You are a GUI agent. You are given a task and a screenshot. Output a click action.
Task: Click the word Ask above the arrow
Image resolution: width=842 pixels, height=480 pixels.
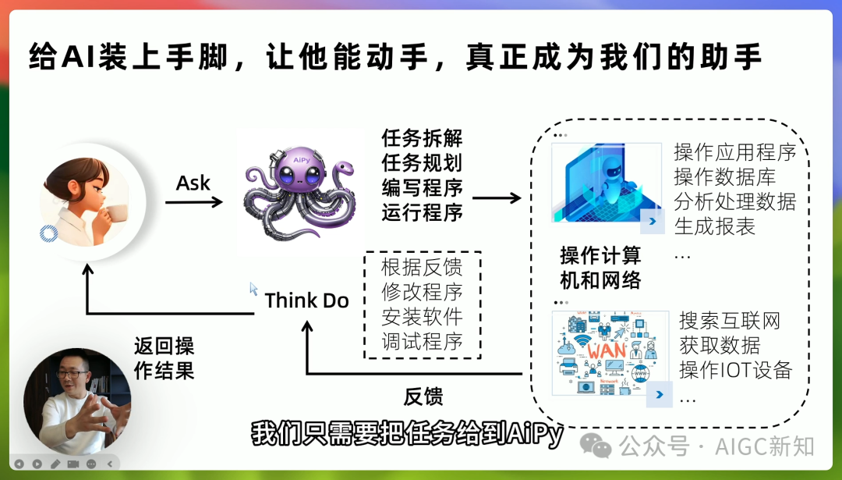pos(193,183)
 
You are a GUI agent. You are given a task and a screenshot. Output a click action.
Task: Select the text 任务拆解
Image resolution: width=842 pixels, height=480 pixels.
pos(422,139)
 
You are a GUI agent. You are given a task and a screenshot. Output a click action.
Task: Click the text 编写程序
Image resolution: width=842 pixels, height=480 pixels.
pos(422,187)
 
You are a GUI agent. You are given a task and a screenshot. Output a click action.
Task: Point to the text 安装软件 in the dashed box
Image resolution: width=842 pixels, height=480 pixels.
pos(422,317)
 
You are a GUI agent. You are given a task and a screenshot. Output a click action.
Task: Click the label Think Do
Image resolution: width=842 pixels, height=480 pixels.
pos(306,300)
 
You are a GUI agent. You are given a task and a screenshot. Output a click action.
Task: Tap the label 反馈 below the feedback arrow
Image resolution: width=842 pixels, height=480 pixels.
pos(423,396)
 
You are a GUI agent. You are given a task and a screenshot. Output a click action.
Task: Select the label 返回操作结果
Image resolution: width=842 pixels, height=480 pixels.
pos(164,357)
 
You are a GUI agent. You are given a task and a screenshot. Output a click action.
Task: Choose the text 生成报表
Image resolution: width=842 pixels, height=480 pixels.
pos(715,227)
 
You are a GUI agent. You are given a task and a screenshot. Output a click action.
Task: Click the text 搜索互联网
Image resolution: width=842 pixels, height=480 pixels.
pos(730,321)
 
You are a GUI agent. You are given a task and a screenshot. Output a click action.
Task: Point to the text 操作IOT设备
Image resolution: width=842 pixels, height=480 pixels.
pos(735,370)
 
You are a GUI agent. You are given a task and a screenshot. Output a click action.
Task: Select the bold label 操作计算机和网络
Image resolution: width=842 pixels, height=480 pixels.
pos(600,268)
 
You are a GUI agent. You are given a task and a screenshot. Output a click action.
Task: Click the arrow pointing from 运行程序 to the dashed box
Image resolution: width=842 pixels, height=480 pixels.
pos(497,198)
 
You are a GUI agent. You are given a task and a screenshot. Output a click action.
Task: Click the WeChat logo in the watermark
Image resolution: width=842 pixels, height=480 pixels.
pos(600,446)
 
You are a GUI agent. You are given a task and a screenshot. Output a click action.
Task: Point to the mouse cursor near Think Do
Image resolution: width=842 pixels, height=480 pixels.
pos(253,288)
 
